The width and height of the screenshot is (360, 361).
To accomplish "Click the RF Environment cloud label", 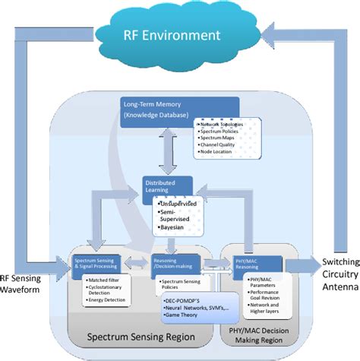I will pos(173,35).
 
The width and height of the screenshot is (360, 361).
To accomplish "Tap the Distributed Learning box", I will pos(166,186).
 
